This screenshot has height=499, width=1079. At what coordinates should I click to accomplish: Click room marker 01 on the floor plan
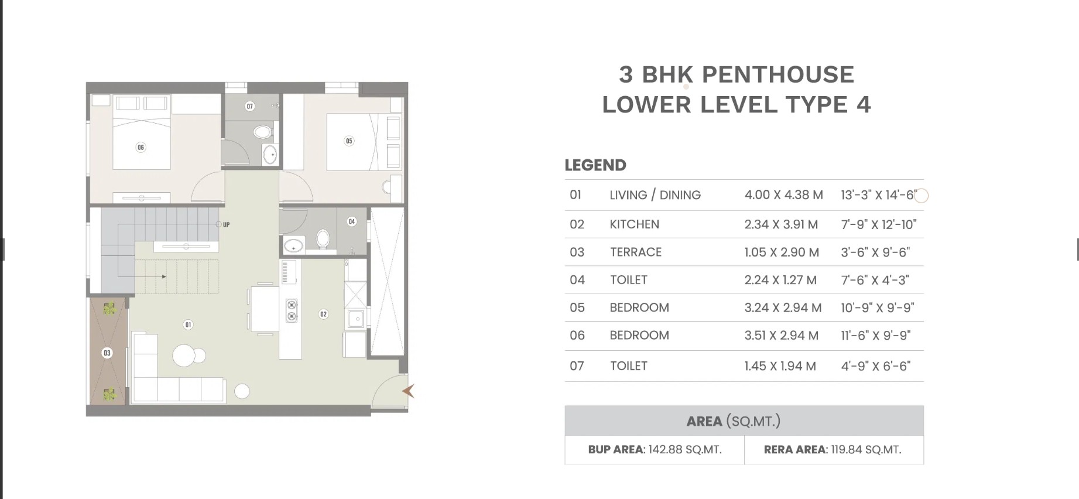click(188, 324)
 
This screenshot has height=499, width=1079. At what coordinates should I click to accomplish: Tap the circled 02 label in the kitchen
click(323, 315)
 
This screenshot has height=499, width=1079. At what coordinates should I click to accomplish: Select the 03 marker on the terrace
click(107, 353)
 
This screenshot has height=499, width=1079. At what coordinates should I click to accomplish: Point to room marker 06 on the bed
click(141, 148)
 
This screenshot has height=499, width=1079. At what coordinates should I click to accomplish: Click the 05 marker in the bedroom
click(349, 141)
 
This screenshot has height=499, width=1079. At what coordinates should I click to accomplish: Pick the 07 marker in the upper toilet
click(250, 106)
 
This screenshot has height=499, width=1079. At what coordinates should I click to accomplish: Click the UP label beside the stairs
click(226, 225)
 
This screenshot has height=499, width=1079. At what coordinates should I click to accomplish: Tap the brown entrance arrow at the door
click(408, 391)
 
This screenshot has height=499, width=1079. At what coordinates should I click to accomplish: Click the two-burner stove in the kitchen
click(292, 310)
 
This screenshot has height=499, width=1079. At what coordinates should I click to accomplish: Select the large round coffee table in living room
click(184, 356)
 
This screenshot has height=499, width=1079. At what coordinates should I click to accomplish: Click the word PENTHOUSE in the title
click(778, 74)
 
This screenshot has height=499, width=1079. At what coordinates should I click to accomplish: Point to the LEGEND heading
click(595, 165)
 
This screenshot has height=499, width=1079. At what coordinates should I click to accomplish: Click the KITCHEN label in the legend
click(634, 224)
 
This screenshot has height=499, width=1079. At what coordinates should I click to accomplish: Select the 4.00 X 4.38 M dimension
click(783, 195)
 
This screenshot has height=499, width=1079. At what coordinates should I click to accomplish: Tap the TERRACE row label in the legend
click(636, 252)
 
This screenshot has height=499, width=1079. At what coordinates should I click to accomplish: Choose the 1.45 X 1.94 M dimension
click(780, 366)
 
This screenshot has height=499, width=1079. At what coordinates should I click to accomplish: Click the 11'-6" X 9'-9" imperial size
click(875, 336)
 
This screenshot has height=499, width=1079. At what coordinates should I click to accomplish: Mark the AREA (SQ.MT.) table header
click(734, 421)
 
